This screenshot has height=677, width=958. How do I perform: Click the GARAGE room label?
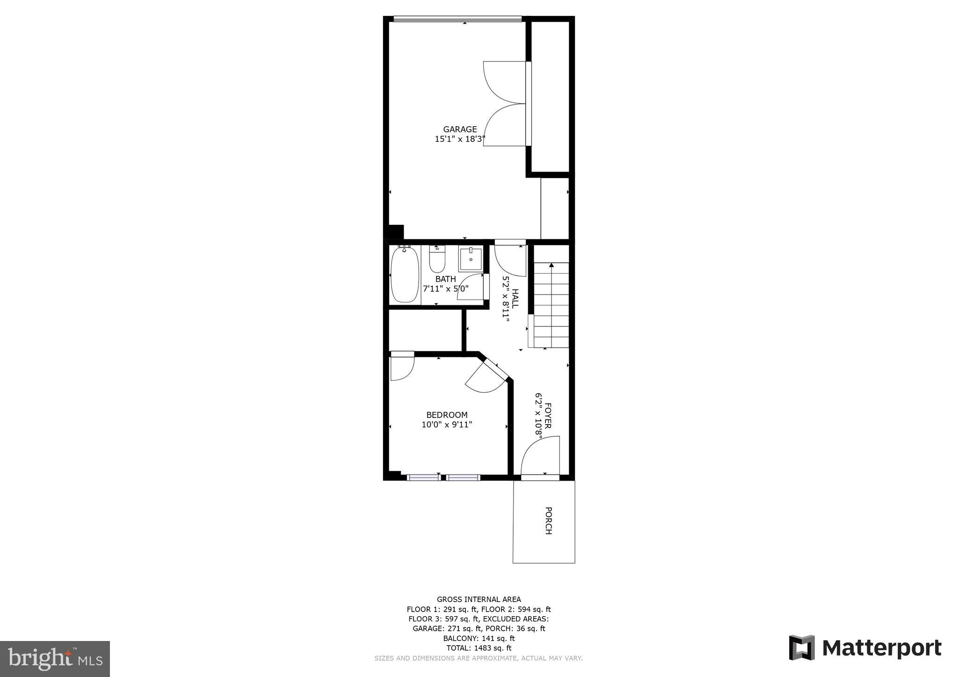click(x=460, y=130)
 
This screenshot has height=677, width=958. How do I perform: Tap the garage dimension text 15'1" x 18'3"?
click(x=460, y=139)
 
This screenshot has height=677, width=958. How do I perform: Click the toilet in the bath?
click(x=437, y=260)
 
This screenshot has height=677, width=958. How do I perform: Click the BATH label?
click(x=445, y=279)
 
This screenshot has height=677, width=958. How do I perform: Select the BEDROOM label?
click(x=447, y=415)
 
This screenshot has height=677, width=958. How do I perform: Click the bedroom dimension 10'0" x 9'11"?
click(x=447, y=425)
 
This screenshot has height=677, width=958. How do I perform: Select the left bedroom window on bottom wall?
click(x=423, y=477)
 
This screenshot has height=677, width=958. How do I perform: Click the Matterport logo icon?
click(x=802, y=648)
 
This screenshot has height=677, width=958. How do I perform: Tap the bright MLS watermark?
click(x=55, y=659)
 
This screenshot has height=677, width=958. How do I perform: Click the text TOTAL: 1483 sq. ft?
click(x=479, y=648)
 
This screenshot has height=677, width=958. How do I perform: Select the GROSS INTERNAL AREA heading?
click(x=479, y=599)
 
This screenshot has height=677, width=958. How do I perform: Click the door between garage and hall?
click(x=511, y=259)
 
